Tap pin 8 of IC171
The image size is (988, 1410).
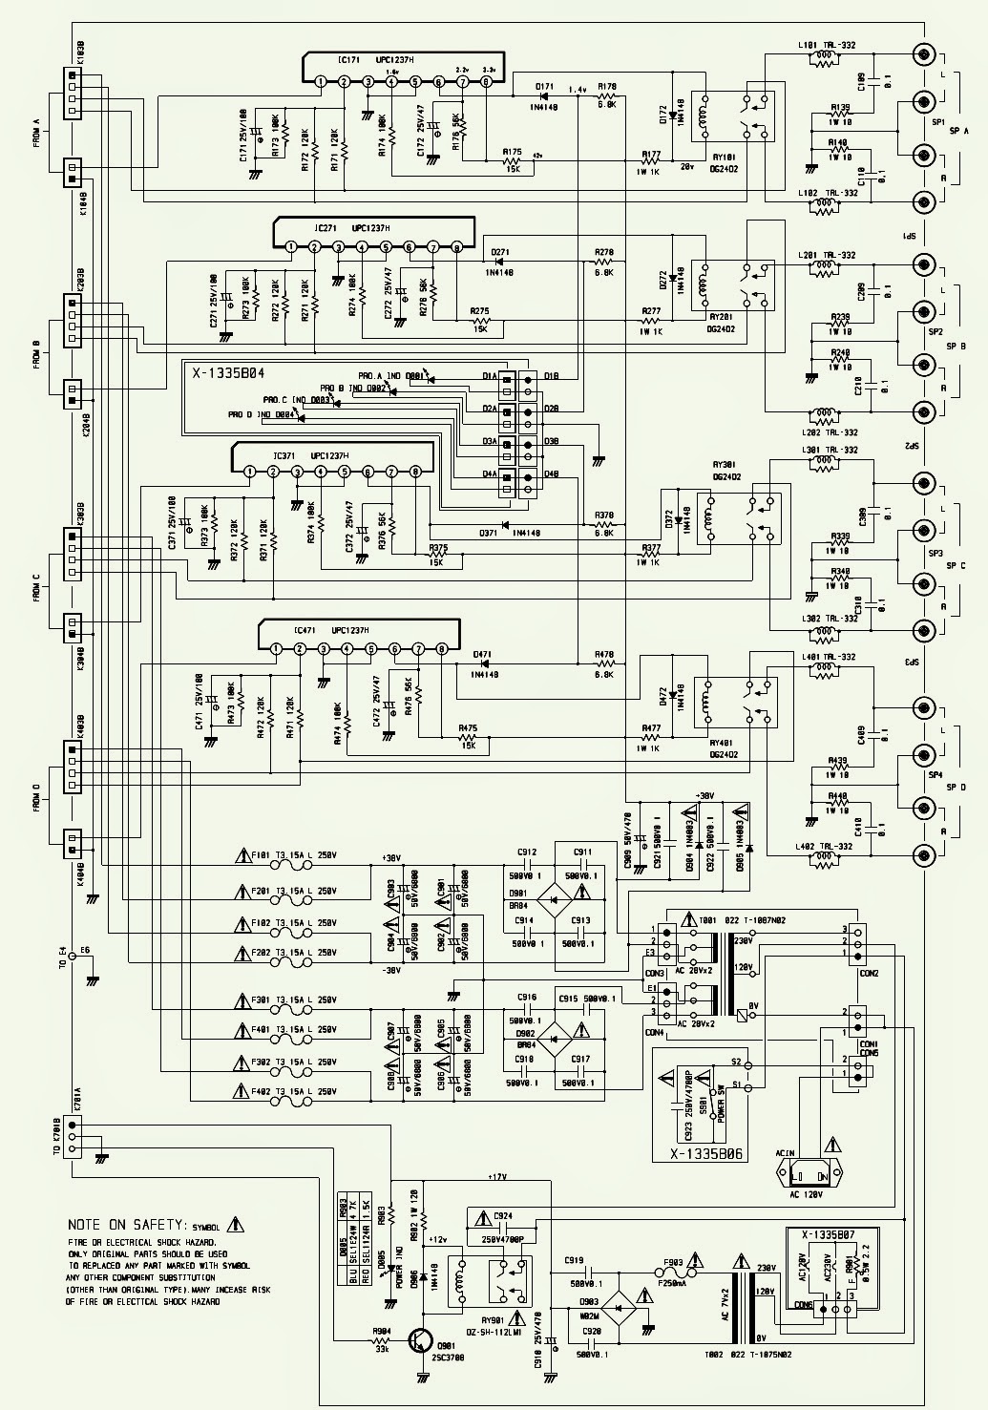(x=486, y=82)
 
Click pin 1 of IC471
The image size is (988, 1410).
(x=276, y=649)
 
